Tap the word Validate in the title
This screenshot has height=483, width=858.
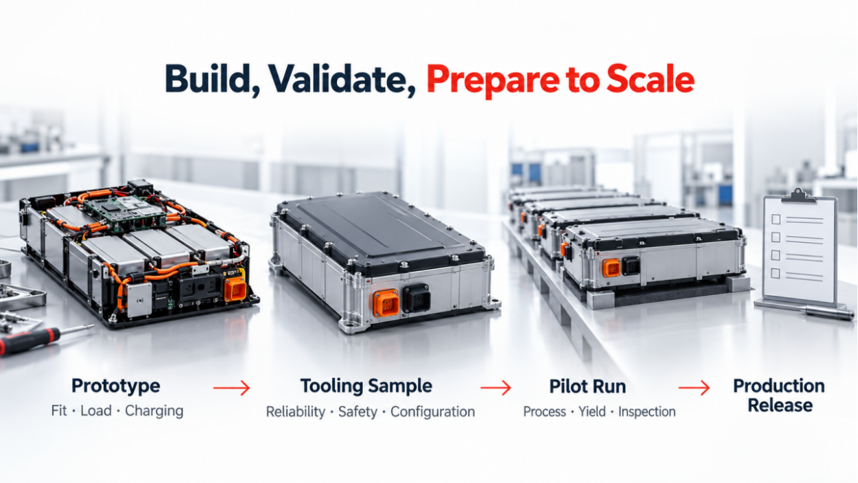342,79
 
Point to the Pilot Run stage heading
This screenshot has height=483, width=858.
588,387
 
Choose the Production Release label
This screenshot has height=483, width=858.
779,396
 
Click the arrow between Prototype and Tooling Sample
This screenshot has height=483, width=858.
232,388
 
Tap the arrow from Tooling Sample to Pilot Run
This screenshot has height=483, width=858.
496,388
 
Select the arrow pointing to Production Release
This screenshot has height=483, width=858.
694,388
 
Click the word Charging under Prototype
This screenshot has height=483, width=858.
154,411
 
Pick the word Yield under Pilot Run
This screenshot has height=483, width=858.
592,412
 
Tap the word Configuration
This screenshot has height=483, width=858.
432,412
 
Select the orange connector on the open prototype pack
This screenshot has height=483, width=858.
235,288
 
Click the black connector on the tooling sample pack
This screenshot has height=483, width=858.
416,298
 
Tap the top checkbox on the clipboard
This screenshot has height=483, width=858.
776,219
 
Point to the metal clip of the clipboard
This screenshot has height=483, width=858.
799,196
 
